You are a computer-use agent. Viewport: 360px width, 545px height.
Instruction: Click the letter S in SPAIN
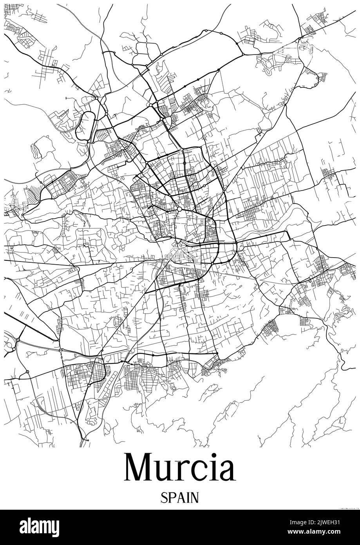point(163,498)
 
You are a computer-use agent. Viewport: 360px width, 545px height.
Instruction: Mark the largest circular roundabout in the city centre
point(179,210)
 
